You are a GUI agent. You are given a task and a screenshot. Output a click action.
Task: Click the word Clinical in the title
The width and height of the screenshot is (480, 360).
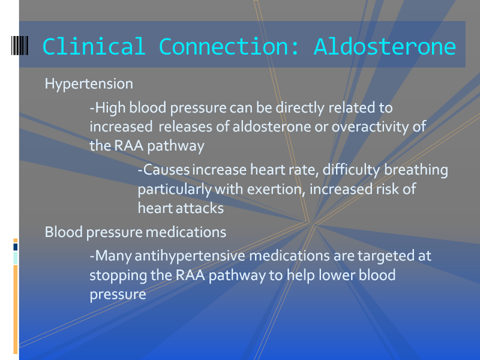(x=94, y=47)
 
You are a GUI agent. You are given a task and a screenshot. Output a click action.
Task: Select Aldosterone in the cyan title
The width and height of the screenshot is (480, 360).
(x=385, y=47)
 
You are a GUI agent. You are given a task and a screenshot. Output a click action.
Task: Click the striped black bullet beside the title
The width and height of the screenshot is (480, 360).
(x=20, y=46)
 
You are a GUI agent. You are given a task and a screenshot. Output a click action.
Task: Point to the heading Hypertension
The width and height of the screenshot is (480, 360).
(x=89, y=84)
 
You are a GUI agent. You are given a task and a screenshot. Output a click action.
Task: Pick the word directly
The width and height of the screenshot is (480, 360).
(x=300, y=108)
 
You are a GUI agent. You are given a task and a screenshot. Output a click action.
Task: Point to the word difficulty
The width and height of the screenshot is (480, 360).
(x=352, y=170)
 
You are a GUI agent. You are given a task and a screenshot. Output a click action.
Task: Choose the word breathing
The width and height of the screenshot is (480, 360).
(x=416, y=170)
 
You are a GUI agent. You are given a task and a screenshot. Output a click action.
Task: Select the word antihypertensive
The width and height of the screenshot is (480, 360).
(x=190, y=256)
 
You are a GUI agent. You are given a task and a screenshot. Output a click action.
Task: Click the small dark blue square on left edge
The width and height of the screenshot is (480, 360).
(x=16, y=247)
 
